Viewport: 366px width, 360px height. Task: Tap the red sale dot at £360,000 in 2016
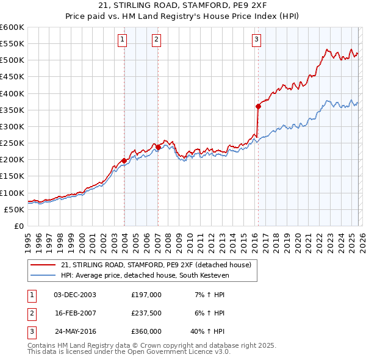[x=258, y=106]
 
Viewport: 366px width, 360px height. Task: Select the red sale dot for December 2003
[x=124, y=160]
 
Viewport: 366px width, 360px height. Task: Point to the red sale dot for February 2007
[x=158, y=147]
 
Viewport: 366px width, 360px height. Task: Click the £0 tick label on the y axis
[x=18, y=226]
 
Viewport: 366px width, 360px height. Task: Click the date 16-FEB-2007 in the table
[x=75, y=313]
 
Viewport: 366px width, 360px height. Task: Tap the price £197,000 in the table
[x=146, y=294]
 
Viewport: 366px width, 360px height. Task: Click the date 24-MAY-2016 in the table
[x=75, y=332]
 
